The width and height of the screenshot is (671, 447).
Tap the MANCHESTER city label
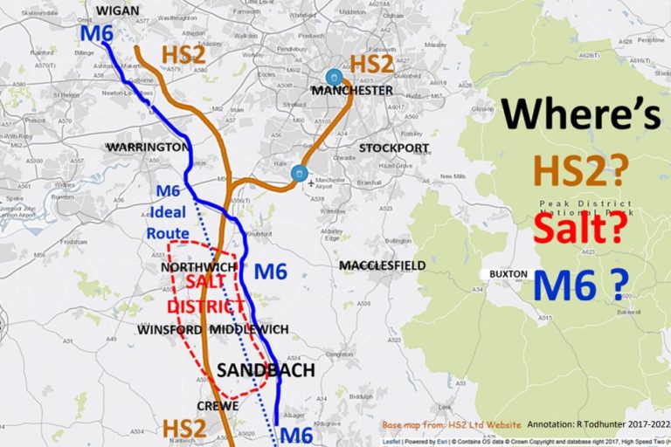[352, 90]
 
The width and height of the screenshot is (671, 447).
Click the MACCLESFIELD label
[383, 265]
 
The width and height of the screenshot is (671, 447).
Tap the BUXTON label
[508, 274]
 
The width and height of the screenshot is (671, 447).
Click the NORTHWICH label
[197, 266]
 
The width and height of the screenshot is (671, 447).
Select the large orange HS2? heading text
[581, 170]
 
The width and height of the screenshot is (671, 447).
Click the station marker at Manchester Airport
[300, 174]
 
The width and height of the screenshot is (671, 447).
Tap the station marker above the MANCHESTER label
[333, 76]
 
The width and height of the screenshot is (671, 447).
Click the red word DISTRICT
[204, 306]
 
